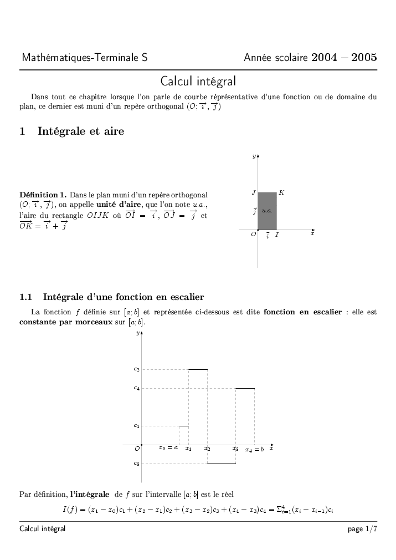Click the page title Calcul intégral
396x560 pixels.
pos(198,82)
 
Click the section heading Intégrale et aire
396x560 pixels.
pos(80,131)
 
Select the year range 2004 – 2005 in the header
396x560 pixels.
pos(344,58)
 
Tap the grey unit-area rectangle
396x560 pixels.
pos(267,211)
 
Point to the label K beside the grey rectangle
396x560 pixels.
pos(281,192)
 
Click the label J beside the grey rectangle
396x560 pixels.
pos(253,193)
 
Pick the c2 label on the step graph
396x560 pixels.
pos(136,369)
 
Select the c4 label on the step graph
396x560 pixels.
pos(136,388)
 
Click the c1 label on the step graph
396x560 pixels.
pos(136,426)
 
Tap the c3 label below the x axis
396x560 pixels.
pos(136,464)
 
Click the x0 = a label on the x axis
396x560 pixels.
pos(168,448)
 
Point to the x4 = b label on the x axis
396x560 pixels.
pos(255,449)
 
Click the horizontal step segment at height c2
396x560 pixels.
pos(198,369)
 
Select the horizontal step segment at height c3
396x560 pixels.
pos(222,464)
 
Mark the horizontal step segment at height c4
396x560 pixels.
pos(245,388)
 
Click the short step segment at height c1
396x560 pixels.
pos(183,426)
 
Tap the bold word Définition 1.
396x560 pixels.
pos(43,195)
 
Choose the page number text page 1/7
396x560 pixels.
pos(362,529)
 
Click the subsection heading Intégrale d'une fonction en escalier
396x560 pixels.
pos(123,297)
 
